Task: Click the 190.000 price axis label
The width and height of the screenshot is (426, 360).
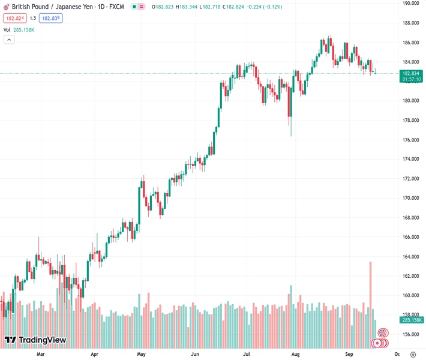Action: pyautogui.click(x=411, y=4)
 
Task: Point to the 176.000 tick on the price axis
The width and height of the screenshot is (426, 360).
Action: pyautogui.click(x=411, y=140)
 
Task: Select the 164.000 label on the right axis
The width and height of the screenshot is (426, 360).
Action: pyautogui.click(x=411, y=257)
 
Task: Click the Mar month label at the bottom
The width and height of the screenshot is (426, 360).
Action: pyautogui.click(x=41, y=354)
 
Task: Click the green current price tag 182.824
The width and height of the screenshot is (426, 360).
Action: pyautogui.click(x=412, y=73)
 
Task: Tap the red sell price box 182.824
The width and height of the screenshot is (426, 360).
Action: pyautogui.click(x=14, y=18)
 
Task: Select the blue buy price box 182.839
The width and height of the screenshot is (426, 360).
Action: pyautogui.click(x=51, y=18)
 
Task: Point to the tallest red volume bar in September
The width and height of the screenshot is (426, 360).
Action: pyautogui.click(x=370, y=300)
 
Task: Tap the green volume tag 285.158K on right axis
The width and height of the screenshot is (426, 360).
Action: pyautogui.click(x=412, y=320)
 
